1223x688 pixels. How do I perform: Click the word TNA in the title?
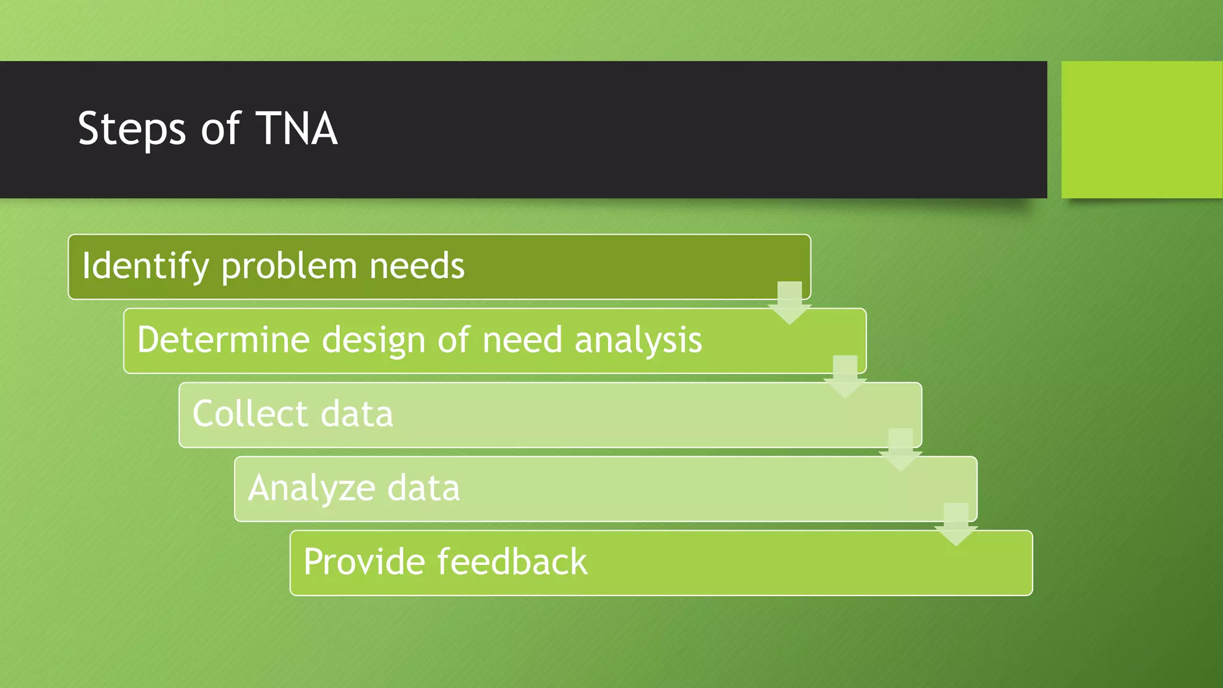(x=297, y=128)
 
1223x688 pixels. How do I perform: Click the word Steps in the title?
(x=132, y=130)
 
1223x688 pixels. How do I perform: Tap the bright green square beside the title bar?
(x=1141, y=130)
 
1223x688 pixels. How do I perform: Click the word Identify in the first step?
(x=145, y=266)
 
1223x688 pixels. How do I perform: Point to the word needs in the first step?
(x=417, y=266)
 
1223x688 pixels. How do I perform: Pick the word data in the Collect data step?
(x=357, y=413)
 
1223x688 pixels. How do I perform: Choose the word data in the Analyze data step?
(x=423, y=488)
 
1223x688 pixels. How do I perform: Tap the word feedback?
(x=512, y=562)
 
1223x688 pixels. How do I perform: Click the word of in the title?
(x=220, y=128)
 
